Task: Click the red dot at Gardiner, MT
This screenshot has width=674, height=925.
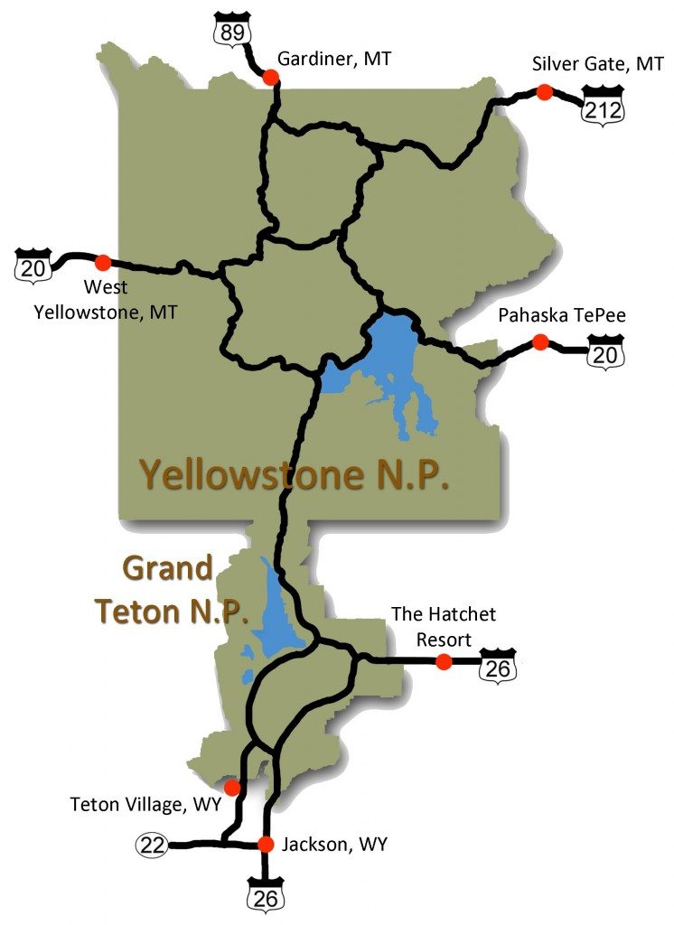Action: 270,79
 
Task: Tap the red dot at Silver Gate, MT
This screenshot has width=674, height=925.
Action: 544,92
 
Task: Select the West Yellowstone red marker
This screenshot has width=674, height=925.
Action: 103,262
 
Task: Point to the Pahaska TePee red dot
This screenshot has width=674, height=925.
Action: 540,342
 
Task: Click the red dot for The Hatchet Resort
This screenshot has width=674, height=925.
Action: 444,662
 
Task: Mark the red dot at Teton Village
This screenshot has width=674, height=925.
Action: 232,788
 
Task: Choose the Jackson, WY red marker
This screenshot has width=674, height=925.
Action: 266,845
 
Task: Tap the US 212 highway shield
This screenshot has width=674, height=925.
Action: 603,105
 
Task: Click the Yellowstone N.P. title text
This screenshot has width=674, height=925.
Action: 294,473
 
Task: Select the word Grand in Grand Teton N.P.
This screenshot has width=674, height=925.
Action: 167,569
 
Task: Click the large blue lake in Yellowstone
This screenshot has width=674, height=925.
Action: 388,352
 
